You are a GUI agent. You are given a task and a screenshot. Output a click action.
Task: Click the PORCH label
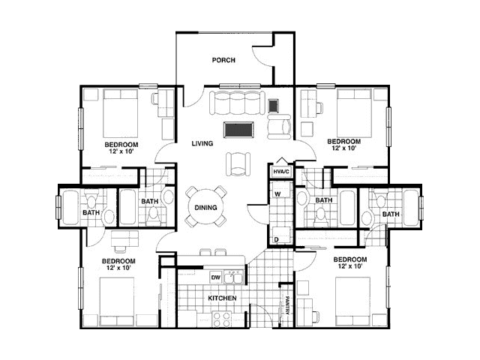(223, 60)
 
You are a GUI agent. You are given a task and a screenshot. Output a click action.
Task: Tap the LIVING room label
(202, 143)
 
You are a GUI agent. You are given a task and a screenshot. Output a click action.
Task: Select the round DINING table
(206, 207)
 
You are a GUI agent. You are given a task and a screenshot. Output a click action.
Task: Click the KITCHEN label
(222, 298)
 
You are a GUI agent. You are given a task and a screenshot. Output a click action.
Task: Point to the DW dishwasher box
(216, 278)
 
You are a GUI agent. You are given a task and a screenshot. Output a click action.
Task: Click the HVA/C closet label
(281, 172)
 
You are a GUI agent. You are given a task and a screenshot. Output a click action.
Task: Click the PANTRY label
(288, 305)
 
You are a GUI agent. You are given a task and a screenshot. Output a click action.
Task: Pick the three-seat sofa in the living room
(237, 102)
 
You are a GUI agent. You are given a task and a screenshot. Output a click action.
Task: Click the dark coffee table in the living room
(238, 130)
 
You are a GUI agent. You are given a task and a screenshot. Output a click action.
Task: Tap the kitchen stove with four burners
(222, 319)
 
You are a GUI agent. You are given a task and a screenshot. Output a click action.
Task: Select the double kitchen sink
(233, 277)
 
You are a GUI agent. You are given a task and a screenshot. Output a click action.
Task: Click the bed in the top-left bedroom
(120, 113)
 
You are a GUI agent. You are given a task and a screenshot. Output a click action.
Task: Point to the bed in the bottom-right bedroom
(353, 301)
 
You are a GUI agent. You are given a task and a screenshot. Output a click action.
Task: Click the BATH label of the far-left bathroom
(91, 212)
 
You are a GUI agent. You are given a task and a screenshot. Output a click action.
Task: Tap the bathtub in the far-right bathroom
(411, 208)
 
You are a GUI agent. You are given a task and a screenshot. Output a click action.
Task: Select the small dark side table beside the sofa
(273, 106)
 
